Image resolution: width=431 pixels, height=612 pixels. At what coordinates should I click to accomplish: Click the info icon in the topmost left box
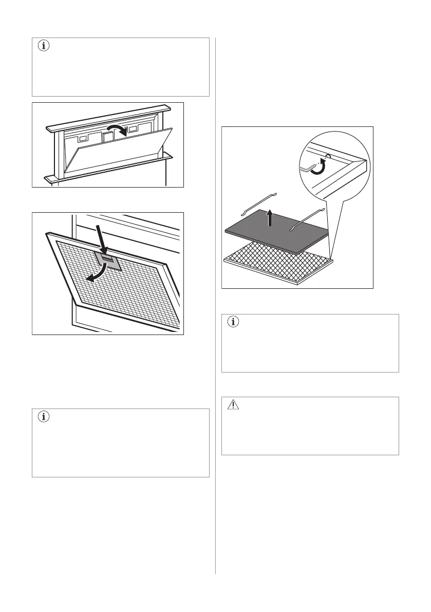[43, 46]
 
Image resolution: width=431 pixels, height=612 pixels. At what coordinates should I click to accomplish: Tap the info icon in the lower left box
[43, 417]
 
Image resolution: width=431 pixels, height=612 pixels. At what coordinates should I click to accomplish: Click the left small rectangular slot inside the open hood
[82, 139]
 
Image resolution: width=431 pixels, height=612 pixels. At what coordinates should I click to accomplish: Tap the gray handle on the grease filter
[107, 260]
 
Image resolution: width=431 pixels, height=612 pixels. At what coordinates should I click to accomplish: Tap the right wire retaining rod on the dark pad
[307, 220]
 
